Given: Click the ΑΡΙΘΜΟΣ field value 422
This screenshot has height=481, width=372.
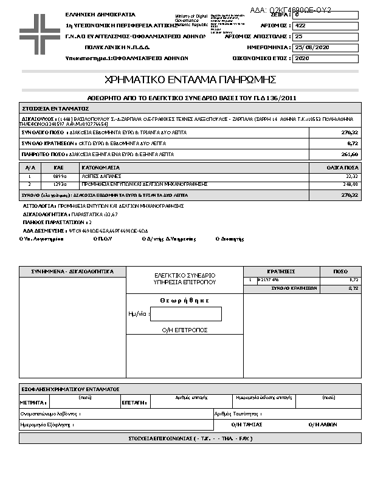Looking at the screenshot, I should (300, 26).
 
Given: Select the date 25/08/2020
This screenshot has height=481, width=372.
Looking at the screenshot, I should (311, 47).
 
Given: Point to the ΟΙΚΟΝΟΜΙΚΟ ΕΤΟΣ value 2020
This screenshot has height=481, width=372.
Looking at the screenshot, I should (302, 58).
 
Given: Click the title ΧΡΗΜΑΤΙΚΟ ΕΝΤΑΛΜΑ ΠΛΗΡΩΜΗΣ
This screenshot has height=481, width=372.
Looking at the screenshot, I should (191, 80).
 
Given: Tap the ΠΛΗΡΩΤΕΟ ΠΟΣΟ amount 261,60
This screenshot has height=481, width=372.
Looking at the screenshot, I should (350, 155).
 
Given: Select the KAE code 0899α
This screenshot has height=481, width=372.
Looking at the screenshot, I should (59, 176).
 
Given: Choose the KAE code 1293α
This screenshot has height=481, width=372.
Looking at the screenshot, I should (59, 183).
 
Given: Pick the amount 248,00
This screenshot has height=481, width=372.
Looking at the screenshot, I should (351, 183).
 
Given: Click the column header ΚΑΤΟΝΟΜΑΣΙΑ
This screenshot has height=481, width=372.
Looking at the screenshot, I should (102, 166).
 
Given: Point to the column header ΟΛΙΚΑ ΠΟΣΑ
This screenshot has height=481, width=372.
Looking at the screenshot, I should (343, 166).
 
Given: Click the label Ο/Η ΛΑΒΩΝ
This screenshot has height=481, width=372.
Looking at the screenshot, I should (323, 425).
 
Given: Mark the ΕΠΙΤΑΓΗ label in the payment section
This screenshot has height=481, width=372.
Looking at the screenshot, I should (133, 402).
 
